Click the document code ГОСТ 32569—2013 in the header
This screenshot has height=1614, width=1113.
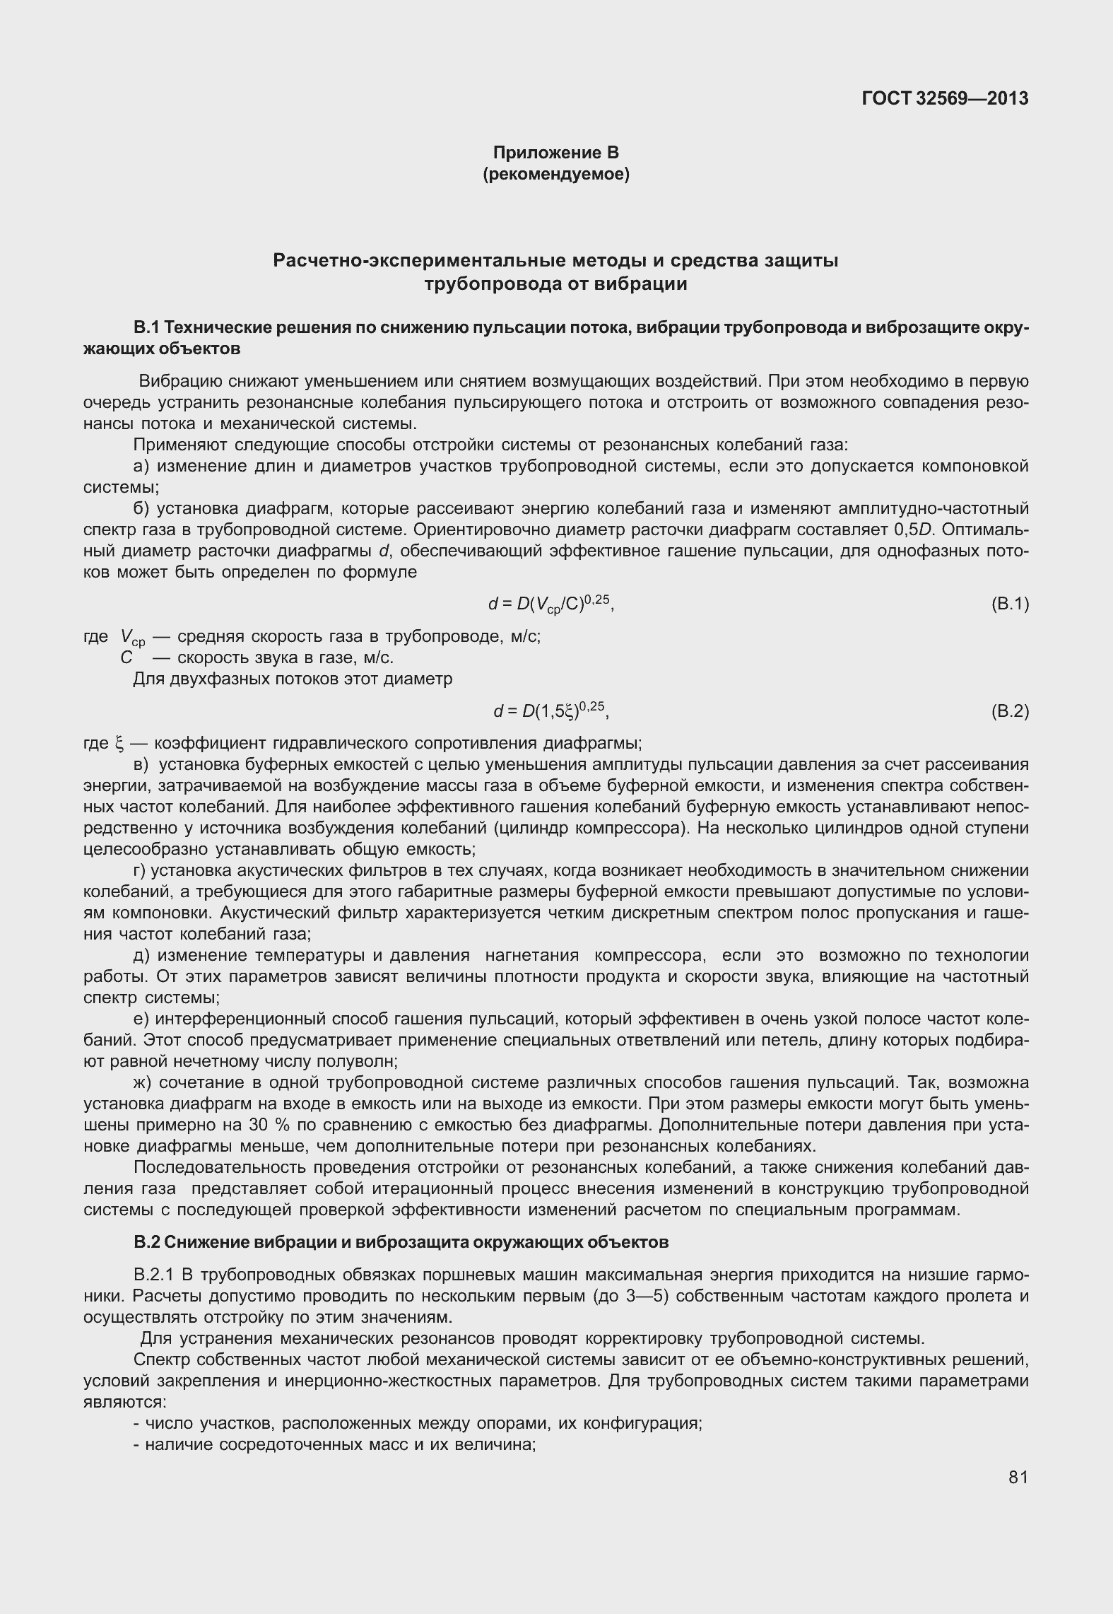tap(945, 98)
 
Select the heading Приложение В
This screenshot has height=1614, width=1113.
tap(555, 152)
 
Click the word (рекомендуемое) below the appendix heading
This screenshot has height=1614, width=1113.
tap(555, 174)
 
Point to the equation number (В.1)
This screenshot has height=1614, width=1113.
tap(1010, 604)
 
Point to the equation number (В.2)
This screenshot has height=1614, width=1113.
tap(1010, 711)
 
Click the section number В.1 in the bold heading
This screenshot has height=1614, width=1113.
tap(147, 327)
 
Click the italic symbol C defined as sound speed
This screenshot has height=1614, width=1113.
tap(126, 657)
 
